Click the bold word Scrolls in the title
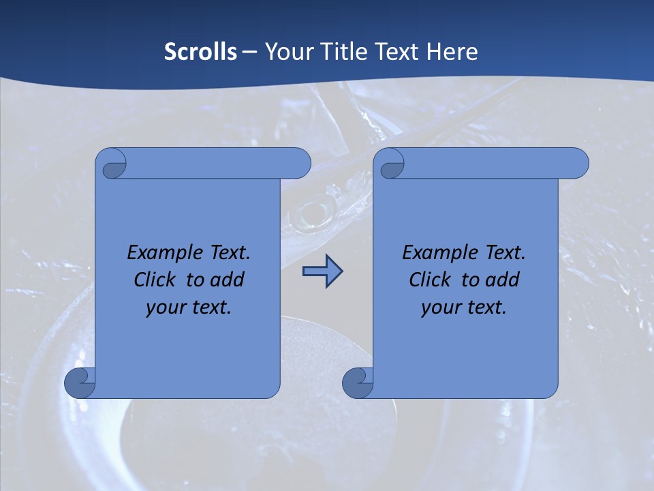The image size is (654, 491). point(200,52)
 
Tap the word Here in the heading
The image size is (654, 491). point(452,52)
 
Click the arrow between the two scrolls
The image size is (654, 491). point(322,271)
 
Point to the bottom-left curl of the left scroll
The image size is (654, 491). point(80,383)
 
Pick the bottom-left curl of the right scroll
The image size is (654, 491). point(358,383)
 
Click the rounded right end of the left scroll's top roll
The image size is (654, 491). point(300,163)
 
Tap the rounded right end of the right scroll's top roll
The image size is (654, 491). point(578,163)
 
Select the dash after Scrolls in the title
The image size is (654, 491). point(250,53)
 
